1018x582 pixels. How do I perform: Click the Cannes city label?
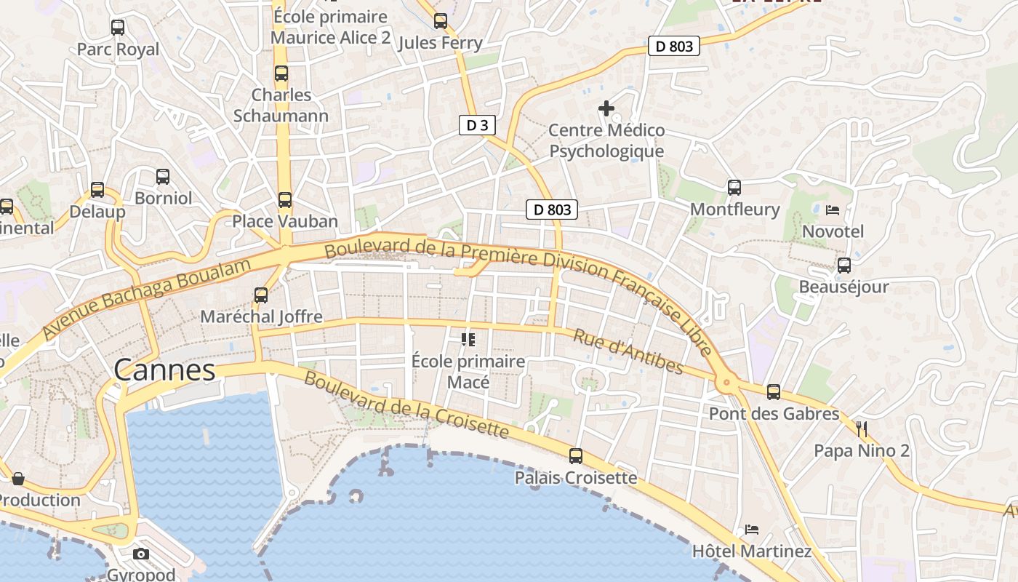[164, 370]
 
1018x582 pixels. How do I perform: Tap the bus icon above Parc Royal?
[118, 28]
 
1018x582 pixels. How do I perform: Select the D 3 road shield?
[477, 125]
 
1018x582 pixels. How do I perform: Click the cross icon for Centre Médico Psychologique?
[606, 108]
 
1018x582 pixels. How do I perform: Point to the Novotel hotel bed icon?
[833, 210]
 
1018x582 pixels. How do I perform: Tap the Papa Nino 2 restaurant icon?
[862, 428]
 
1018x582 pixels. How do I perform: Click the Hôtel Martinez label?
[752, 551]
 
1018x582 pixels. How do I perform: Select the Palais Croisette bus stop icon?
[576, 456]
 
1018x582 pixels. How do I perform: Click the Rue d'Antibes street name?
[628, 351]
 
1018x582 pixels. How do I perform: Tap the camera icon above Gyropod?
[141, 554]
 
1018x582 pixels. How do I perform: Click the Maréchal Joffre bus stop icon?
[261, 295]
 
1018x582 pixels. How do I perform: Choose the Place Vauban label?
[285, 221]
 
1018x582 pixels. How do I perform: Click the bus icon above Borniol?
[163, 176]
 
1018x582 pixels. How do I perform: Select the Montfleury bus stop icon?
[734, 188]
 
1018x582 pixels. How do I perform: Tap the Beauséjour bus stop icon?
[843, 266]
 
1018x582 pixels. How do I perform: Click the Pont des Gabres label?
[774, 414]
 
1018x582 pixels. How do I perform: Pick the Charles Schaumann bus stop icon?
[281, 73]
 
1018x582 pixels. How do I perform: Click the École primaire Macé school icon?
[468, 340]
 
